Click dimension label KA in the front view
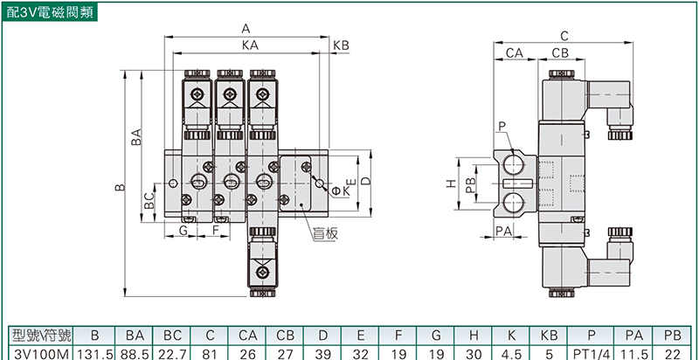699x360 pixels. click(250, 45)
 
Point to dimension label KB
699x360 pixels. click(341, 45)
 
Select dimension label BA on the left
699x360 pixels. click(137, 139)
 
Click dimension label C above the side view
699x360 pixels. click(564, 36)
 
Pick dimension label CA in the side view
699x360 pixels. click(515, 54)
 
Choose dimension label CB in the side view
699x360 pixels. click(560, 54)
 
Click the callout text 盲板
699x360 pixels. click(325, 233)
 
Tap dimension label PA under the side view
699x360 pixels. click(503, 230)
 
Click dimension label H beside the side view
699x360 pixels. click(451, 184)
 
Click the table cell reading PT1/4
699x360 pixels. click(591, 352)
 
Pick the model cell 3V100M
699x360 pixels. click(36, 352)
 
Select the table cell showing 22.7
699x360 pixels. click(172, 352)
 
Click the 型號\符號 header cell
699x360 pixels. click(38, 335)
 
